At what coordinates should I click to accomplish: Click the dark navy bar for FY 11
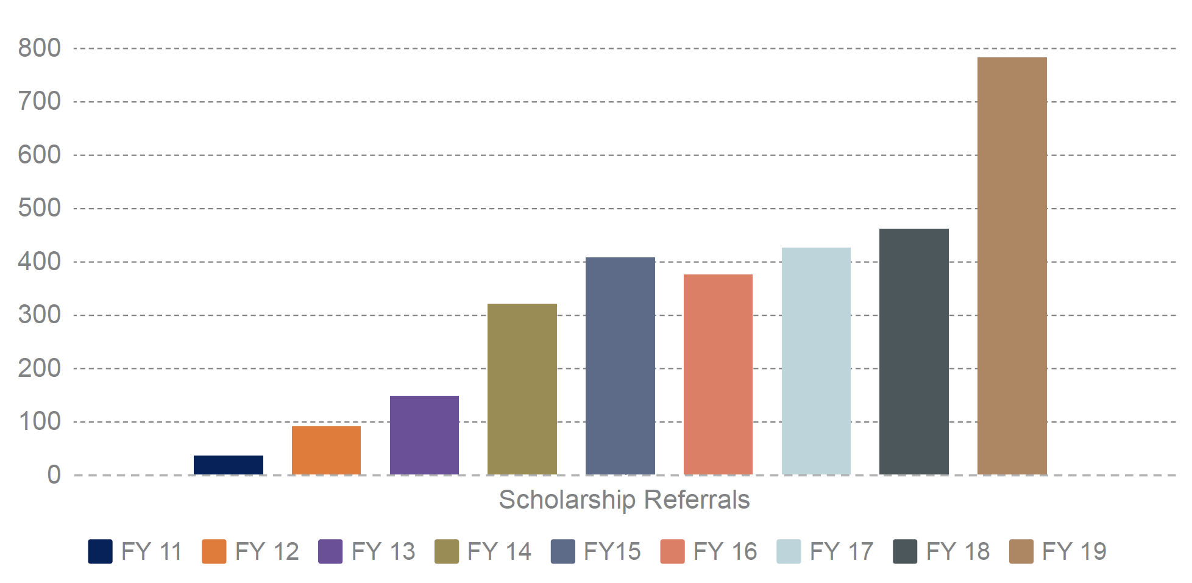point(229,465)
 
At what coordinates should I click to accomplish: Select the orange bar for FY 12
point(326,450)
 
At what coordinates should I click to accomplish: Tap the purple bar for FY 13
point(424,435)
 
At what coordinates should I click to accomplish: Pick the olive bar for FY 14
point(522,388)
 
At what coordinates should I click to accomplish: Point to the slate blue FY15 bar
point(620,365)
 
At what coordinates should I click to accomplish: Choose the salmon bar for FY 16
point(718,374)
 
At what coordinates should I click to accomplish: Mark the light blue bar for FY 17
point(816,360)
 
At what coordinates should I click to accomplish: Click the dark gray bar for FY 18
point(914,351)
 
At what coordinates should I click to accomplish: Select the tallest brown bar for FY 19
point(1012,265)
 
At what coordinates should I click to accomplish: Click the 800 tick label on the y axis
point(40,48)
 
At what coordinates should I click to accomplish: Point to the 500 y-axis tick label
point(40,209)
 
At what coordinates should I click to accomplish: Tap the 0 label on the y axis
point(54,475)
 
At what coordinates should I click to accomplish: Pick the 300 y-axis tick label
point(40,315)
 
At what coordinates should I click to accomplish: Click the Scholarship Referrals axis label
point(624,500)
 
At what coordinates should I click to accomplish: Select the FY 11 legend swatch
point(100,551)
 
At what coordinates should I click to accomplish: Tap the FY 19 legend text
point(1074,551)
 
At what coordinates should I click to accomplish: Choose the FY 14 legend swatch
point(447,551)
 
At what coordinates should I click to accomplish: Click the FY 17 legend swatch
point(789,551)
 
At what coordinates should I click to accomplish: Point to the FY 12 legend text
point(267,551)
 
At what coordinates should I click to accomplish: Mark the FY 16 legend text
point(725,551)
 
